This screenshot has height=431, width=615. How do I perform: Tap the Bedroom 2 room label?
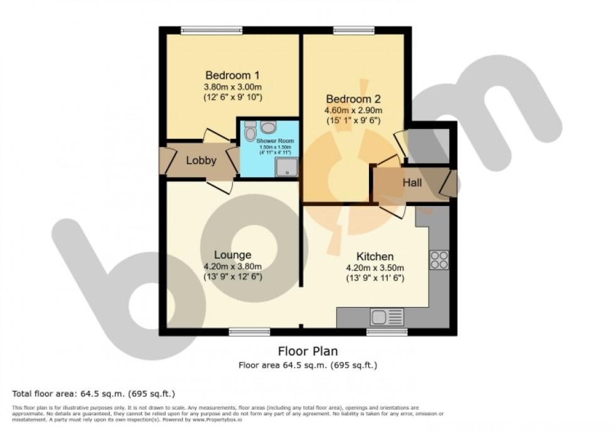coord(353,99)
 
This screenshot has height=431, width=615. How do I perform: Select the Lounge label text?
coord(232,254)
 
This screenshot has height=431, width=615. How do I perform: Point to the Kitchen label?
coord(375,256)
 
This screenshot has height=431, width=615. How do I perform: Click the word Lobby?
coord(201,160)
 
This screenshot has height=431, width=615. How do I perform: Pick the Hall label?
coord(412,183)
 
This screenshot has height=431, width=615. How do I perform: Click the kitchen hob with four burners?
coord(439,260)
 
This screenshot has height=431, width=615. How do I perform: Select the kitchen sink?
coord(378,318)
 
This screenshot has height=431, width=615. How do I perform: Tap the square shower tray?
coord(286,166)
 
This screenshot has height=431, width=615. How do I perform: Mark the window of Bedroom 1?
coord(212,30)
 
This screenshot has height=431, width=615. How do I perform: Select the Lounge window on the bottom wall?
coord(249,331)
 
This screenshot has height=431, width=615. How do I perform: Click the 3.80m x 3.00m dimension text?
coord(232,87)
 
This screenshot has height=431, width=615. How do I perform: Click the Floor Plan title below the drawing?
coord(307,351)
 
